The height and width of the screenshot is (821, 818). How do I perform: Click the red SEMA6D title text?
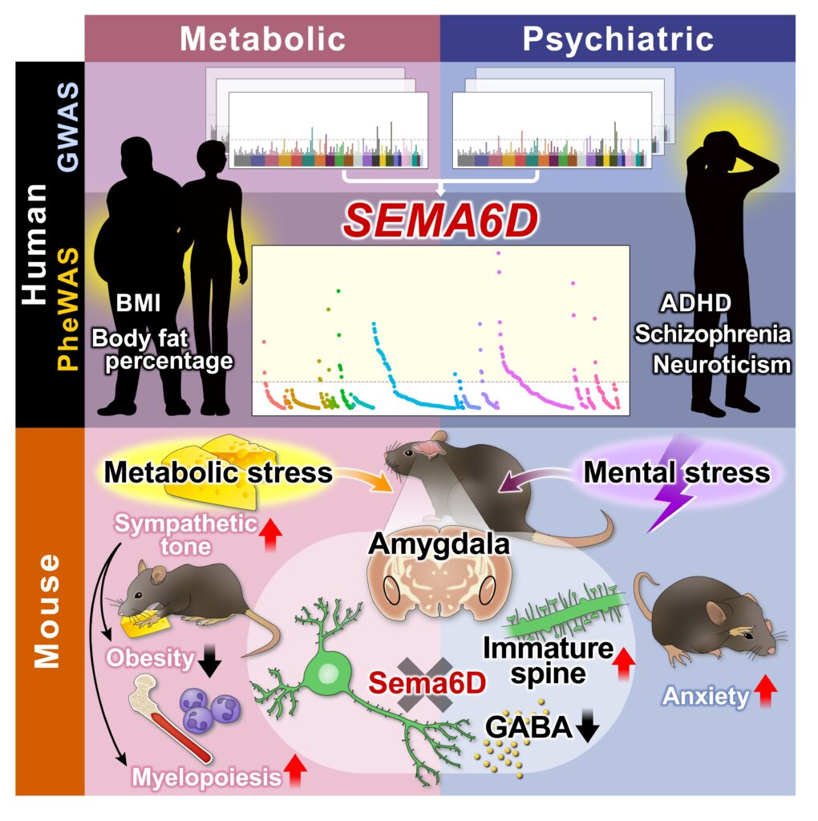[440, 220]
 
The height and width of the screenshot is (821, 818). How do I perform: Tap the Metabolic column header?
[262, 38]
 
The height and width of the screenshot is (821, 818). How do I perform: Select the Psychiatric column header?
[618, 38]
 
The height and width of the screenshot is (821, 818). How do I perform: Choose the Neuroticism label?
[721, 365]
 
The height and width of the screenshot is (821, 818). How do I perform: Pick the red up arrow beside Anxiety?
[766, 692]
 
